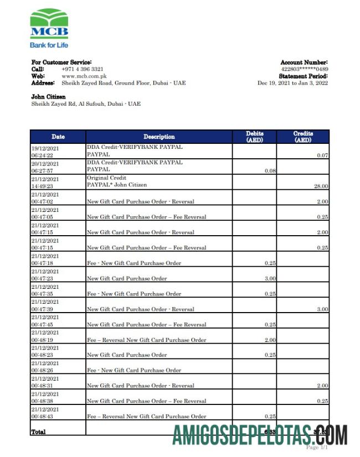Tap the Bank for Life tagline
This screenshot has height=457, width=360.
point(49,45)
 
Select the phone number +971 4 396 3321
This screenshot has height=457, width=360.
point(83,69)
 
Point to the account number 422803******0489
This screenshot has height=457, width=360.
point(305,69)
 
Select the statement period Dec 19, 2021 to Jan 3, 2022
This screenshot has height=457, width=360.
point(292,83)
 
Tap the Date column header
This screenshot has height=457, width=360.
point(58,137)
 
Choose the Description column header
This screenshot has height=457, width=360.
point(159,137)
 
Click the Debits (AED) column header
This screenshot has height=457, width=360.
point(254,137)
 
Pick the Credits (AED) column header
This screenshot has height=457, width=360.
point(303,137)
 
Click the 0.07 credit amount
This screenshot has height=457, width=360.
point(322,155)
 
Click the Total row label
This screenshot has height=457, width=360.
point(39,432)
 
